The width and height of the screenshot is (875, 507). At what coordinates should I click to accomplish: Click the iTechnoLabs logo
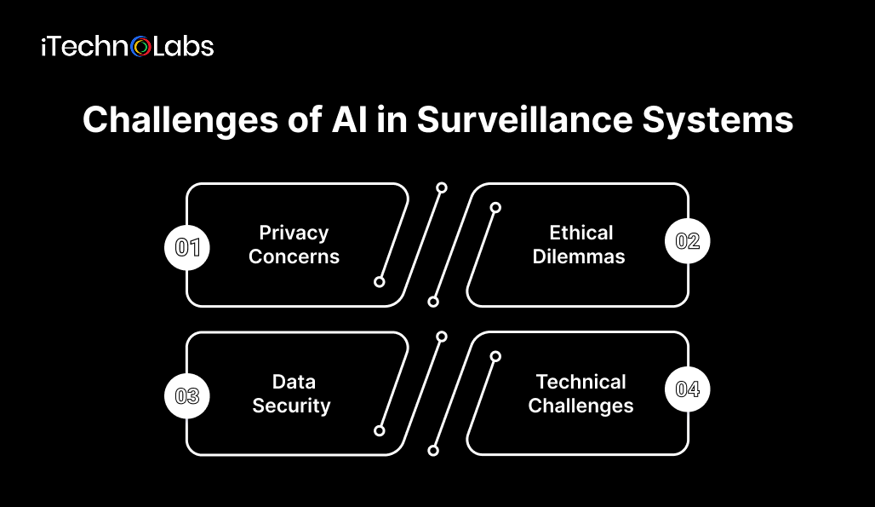pyautogui.click(x=127, y=46)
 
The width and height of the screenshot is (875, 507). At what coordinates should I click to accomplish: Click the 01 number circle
pyautogui.click(x=186, y=247)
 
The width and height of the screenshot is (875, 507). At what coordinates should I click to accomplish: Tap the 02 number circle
pyautogui.click(x=687, y=241)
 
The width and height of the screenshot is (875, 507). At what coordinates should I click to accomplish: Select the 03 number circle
pyautogui.click(x=186, y=395)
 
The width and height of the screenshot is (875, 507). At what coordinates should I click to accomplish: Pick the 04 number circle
pyautogui.click(x=687, y=389)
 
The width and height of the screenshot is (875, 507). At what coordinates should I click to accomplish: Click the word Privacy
pyautogui.click(x=294, y=233)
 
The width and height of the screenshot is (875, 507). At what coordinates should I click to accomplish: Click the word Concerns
pyautogui.click(x=294, y=256)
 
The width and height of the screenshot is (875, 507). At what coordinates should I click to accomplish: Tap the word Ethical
pyautogui.click(x=580, y=233)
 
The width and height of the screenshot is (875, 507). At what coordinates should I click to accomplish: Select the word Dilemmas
pyautogui.click(x=579, y=256)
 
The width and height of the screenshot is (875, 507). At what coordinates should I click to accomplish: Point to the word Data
pyautogui.click(x=294, y=382)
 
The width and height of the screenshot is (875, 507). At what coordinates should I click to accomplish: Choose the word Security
pyautogui.click(x=291, y=405)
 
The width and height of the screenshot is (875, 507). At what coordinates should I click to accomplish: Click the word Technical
pyautogui.click(x=580, y=382)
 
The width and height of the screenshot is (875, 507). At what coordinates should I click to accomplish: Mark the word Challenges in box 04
pyautogui.click(x=580, y=405)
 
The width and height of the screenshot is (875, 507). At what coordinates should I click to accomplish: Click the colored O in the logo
pyautogui.click(x=142, y=47)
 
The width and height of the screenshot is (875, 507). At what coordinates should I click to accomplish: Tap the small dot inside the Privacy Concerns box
pyautogui.click(x=380, y=281)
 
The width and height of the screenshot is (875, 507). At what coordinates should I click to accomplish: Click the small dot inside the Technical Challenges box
pyautogui.click(x=495, y=356)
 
